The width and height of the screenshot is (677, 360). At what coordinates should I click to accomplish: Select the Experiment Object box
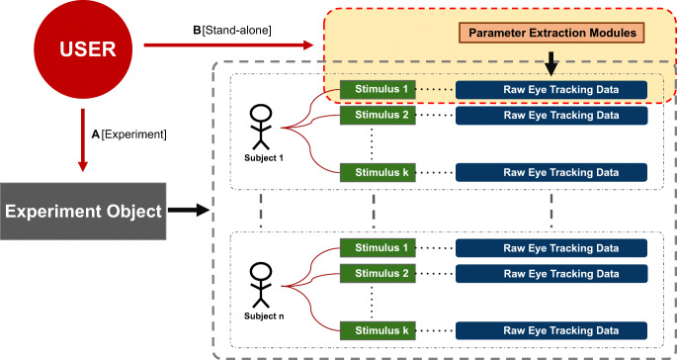coord(81,211)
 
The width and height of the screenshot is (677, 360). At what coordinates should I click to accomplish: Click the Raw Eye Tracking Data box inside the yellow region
coord(550,89)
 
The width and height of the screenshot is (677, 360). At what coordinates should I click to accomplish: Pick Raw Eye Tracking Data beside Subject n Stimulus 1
coord(550,246)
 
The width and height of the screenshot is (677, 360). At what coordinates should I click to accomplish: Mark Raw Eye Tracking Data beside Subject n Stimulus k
coord(550,328)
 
